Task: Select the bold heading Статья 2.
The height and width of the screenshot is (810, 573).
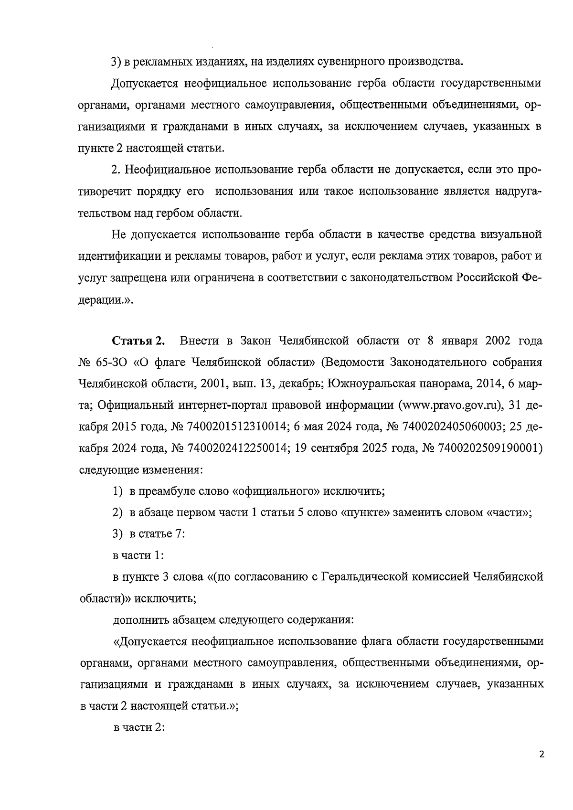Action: coord(138,341)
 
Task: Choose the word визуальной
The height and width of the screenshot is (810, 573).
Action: coord(511,234)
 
